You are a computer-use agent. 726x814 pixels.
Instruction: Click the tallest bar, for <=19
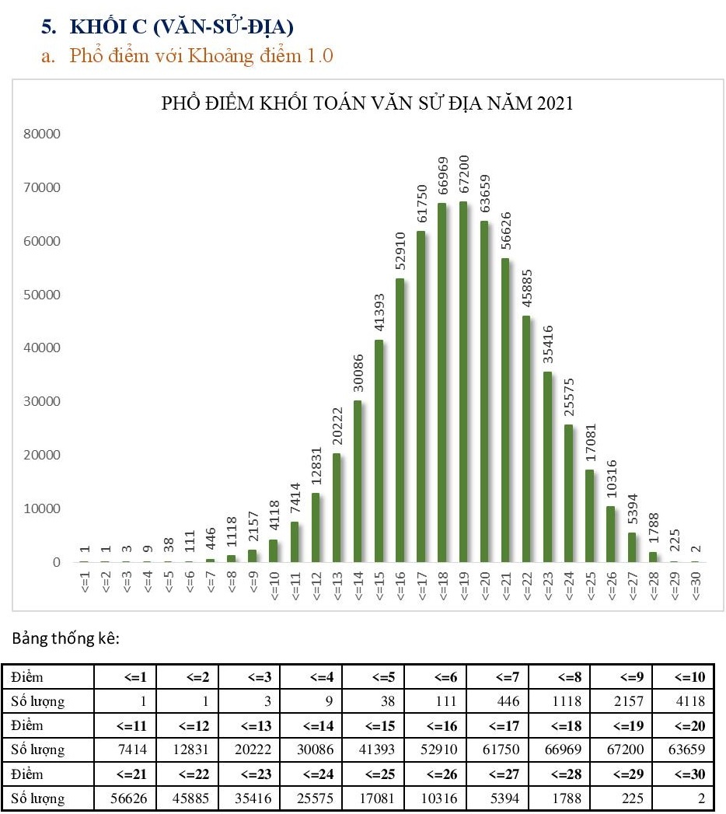click(x=463, y=382)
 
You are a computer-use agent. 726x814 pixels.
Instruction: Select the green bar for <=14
click(x=358, y=481)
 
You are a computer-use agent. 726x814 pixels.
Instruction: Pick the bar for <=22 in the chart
click(x=526, y=438)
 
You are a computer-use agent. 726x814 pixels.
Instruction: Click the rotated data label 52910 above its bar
click(x=401, y=247)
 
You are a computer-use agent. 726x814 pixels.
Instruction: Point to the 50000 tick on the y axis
click(x=44, y=295)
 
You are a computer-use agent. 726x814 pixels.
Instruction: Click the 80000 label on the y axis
click(x=44, y=134)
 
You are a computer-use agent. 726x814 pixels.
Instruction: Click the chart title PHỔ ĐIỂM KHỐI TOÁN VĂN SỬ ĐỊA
click(x=367, y=103)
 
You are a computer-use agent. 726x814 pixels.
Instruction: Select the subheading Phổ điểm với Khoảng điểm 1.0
click(x=201, y=56)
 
